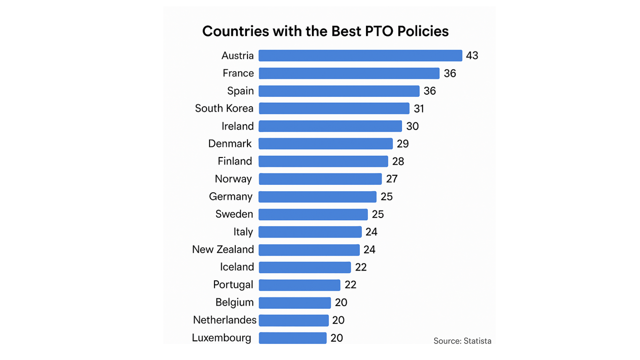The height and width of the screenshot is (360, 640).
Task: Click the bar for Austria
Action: point(360,55)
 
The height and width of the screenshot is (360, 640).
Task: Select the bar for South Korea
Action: point(334,108)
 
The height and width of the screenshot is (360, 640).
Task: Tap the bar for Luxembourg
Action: point(292,337)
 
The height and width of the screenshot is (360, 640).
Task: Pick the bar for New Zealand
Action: point(309,250)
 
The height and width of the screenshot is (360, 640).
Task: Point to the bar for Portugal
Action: point(299,285)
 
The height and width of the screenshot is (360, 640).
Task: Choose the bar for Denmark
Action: point(326,143)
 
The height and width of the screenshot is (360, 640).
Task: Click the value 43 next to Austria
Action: point(472,55)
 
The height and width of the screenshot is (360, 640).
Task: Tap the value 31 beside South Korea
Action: point(419,109)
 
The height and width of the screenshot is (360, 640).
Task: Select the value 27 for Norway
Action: point(392,179)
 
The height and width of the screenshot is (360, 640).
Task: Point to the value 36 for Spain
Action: point(430,91)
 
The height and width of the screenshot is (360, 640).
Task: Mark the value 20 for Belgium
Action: point(341,302)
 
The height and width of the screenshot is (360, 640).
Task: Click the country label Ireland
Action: point(238,126)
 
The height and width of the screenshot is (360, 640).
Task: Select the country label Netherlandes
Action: point(224,320)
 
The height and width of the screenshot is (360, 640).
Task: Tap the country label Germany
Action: point(231,197)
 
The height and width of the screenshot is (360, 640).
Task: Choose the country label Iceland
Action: point(237,267)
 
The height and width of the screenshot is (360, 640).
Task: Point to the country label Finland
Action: point(235,161)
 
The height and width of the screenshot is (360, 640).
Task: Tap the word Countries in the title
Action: point(235,31)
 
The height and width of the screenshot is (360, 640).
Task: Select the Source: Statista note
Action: point(462,341)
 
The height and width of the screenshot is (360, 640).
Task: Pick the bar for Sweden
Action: point(313,215)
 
